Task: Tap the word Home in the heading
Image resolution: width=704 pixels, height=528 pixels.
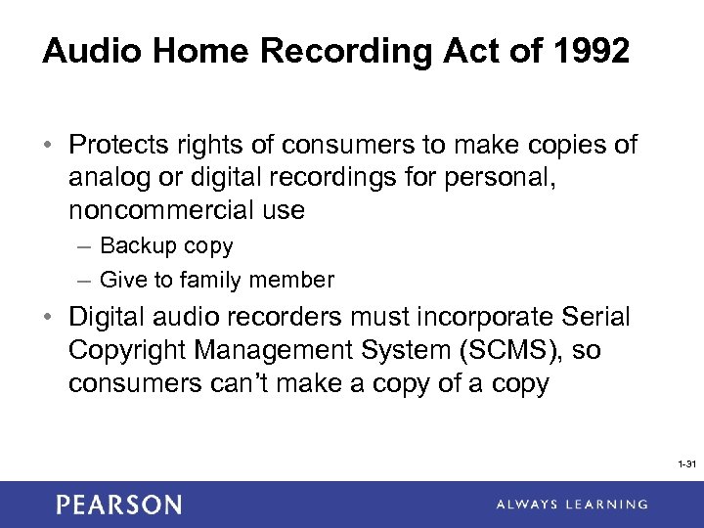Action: tap(179, 52)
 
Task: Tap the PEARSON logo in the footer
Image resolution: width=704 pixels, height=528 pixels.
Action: tap(118, 505)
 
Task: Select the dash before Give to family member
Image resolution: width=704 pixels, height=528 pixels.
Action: tap(84, 281)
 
